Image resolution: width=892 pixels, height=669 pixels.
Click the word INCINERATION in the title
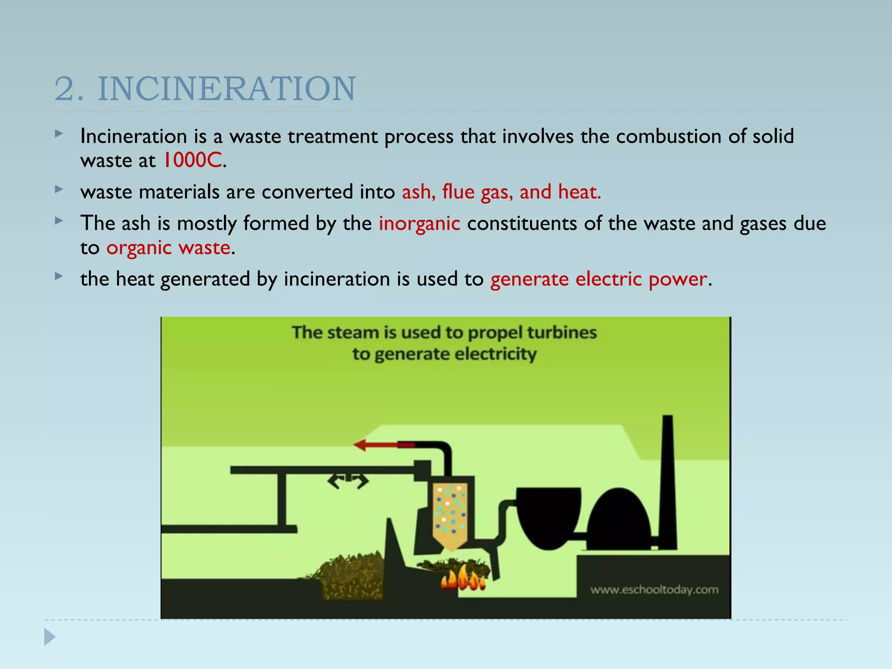pos(226,89)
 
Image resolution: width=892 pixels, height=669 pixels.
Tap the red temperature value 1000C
pos(192,160)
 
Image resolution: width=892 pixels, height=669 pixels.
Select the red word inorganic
pos(419,223)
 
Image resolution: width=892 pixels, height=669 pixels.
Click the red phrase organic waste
pos(168,248)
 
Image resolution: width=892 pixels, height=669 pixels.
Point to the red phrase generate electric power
pos(598,279)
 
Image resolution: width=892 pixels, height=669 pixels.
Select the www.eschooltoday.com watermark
pos(654,590)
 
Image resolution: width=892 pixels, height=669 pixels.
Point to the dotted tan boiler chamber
pos(450,514)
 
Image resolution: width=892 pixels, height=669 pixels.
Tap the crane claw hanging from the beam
pos(348,481)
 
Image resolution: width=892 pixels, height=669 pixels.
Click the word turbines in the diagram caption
pos(561,333)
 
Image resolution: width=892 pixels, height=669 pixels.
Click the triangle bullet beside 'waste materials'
pos(59,189)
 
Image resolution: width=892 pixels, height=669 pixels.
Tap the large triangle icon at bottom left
pos(50,637)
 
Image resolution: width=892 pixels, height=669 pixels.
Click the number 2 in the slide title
pos(64,89)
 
